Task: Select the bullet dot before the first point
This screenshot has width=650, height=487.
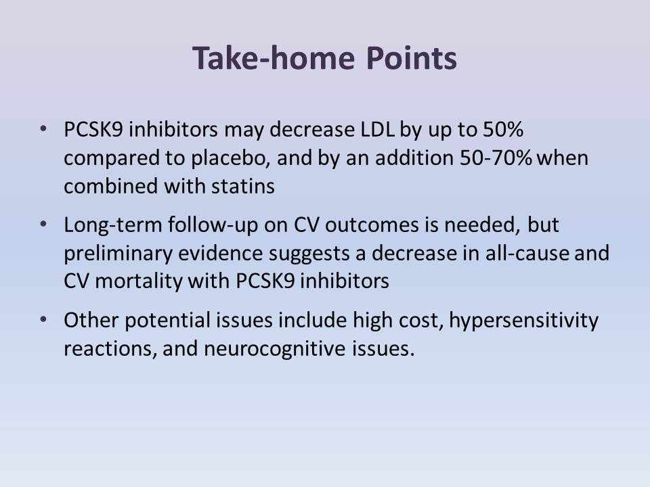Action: click(x=45, y=128)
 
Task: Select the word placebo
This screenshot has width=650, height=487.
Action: click(x=238, y=158)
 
